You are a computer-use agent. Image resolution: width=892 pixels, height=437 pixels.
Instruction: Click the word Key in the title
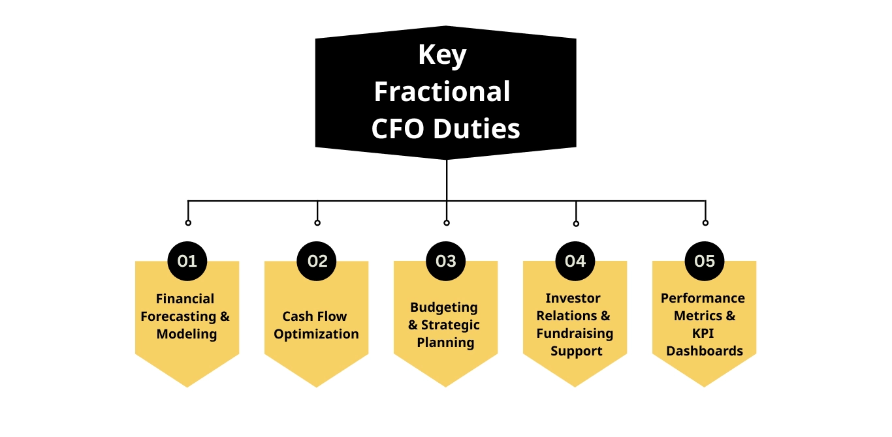[442, 55]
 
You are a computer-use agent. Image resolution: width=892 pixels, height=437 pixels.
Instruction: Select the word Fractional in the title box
[442, 91]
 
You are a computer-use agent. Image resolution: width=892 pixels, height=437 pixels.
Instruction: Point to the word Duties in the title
[477, 128]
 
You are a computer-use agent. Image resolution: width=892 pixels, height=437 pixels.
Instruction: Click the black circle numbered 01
[187, 262]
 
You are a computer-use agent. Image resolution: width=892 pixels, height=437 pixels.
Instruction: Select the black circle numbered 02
[317, 262]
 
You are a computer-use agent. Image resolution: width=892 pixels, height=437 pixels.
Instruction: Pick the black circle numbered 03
[445, 262]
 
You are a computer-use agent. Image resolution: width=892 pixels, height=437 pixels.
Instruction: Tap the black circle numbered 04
[575, 262]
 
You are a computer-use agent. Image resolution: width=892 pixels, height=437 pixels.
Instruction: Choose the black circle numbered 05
[705, 262]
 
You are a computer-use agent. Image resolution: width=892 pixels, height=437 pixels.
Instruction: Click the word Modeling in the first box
[186, 334]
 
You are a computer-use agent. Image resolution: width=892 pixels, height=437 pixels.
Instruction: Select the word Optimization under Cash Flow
[316, 334]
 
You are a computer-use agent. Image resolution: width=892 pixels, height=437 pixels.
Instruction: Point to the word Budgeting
[444, 307]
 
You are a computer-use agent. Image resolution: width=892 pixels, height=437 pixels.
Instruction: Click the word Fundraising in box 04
[575, 333]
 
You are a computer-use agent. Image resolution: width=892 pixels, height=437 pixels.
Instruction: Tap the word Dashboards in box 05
[705, 351]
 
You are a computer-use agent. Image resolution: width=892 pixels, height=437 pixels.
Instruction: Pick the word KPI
[703, 333]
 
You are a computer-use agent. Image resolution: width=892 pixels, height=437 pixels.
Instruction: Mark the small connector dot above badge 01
[188, 222]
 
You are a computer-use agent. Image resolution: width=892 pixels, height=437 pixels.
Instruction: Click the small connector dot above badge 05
[705, 222]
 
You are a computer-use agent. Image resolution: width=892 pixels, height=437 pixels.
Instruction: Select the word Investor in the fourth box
[573, 298]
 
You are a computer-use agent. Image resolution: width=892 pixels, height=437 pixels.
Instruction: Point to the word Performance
[703, 298]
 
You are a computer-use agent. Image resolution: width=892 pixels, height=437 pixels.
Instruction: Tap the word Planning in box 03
[445, 342]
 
